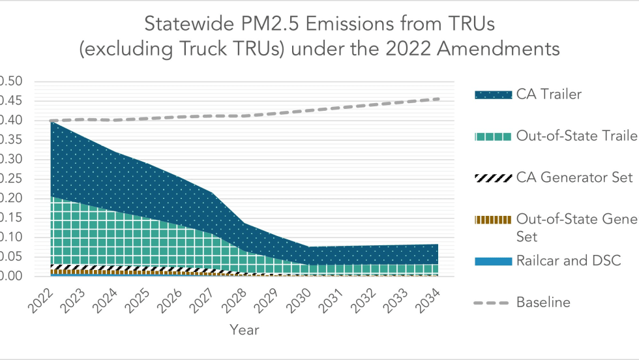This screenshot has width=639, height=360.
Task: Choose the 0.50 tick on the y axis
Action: pos(11,82)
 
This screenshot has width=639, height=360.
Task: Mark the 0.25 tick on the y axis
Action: pos(11,179)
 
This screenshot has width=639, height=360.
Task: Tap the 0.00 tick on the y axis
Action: pos(11,277)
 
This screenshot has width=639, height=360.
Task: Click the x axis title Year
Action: pos(245,331)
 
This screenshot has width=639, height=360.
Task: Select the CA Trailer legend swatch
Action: pos(493,95)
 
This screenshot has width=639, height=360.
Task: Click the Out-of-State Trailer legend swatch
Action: pos(493,136)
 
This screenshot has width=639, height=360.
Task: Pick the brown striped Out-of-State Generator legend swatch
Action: pos(493,220)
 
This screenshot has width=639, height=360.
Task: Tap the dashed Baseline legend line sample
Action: pos(493,303)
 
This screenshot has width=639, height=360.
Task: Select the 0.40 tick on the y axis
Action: pos(11,121)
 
